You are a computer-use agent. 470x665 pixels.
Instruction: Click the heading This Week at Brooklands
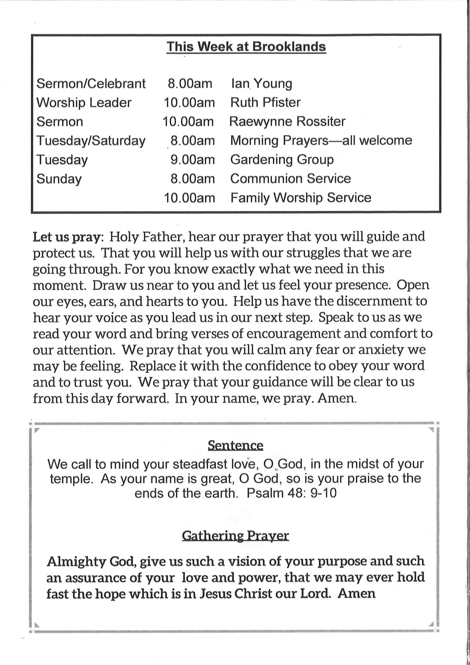[246, 47]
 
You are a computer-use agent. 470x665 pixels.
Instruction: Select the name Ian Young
[261, 84]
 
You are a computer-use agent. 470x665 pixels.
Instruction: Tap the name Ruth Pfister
[265, 103]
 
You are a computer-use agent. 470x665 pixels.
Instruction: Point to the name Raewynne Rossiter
[287, 121]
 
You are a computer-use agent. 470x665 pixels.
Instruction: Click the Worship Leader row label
[84, 103]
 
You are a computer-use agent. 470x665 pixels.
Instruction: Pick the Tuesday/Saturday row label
[91, 141]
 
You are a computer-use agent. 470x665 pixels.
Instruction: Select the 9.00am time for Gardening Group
[192, 160]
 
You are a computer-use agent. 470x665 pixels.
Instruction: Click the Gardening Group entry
[282, 160]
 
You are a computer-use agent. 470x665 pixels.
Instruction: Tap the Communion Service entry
[291, 179]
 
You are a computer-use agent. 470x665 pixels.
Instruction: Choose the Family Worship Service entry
[301, 198]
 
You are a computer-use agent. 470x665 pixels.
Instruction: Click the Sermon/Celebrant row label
[91, 84]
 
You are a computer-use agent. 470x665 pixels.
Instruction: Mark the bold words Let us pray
[68, 237]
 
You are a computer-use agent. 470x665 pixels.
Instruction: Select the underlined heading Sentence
[235, 445]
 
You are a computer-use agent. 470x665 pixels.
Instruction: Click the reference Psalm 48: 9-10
[291, 494]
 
